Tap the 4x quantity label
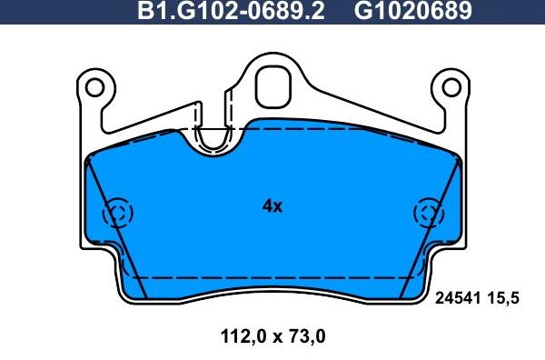(272, 206)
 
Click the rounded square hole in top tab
(272, 86)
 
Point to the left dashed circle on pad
(118, 214)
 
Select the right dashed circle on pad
(426, 214)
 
